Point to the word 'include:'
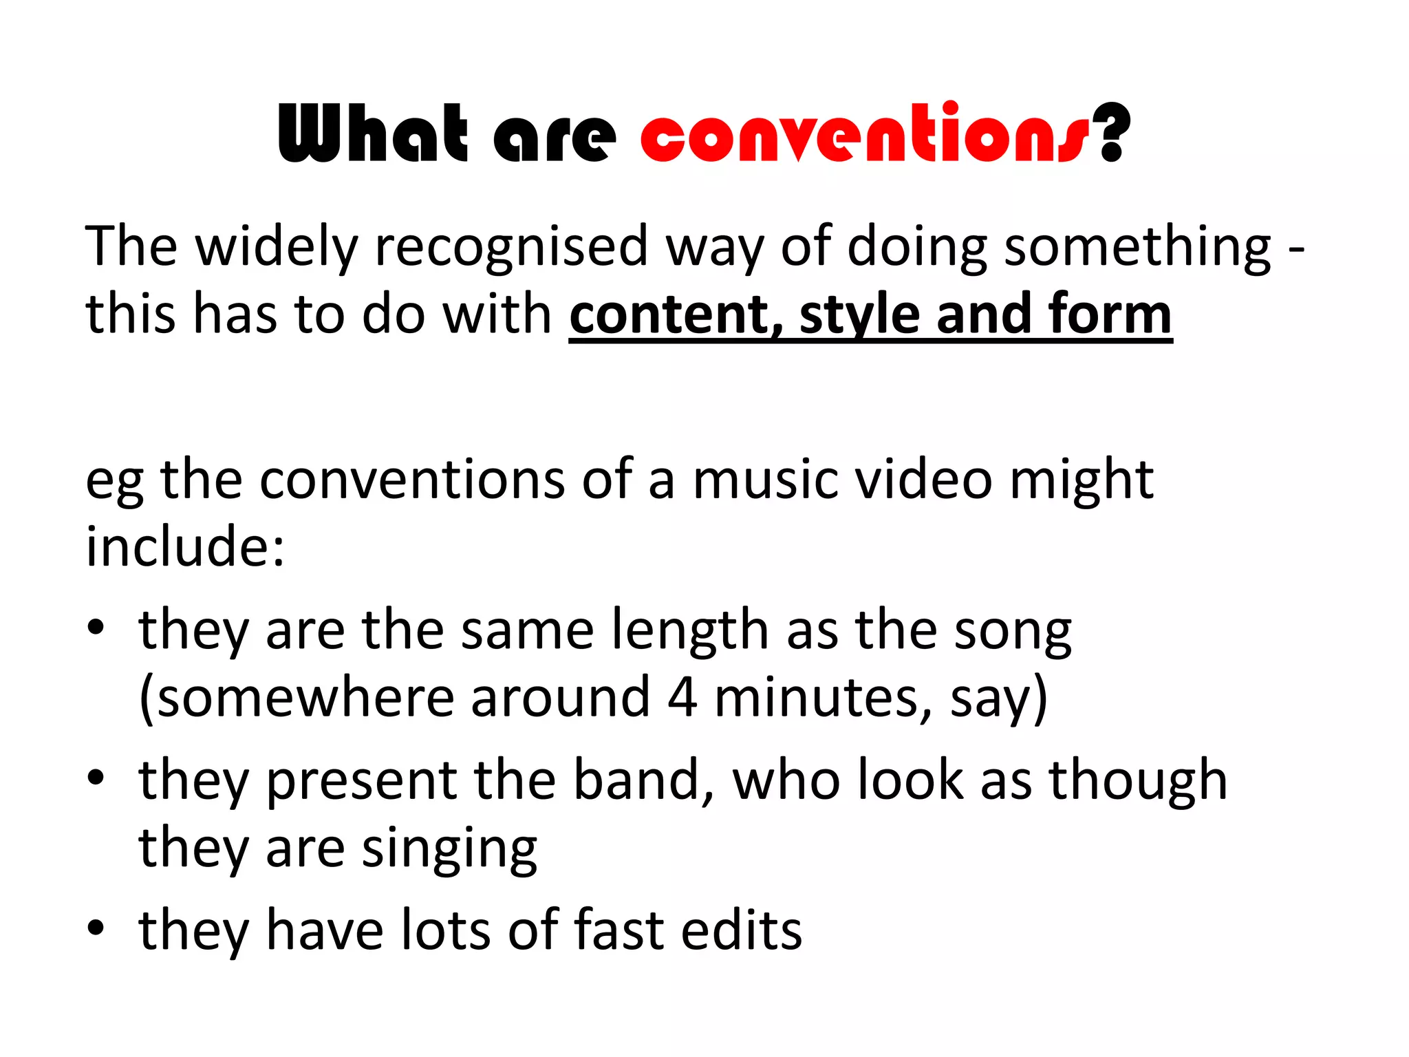click(x=185, y=546)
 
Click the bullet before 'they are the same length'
click(x=96, y=628)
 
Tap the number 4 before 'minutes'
click(x=682, y=698)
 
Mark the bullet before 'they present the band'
click(x=96, y=778)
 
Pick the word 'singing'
click(x=449, y=851)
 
